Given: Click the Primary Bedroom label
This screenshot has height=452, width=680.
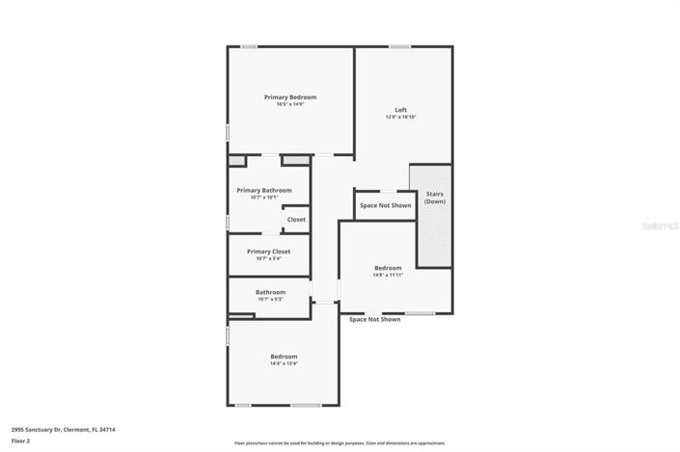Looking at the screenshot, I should (x=290, y=97).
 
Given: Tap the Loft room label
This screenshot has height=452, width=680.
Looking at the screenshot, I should (x=400, y=110).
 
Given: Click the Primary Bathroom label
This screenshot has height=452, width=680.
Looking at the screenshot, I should (x=263, y=190).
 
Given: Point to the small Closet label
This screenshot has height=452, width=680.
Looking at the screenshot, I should (x=296, y=220).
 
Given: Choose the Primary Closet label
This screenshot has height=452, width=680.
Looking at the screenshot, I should (x=268, y=252).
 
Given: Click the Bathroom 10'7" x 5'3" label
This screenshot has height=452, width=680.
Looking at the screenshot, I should (x=270, y=292).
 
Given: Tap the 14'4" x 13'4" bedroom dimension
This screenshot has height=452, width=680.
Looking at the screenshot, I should (x=284, y=364).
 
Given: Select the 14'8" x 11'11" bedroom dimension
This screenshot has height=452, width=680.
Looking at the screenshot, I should (x=388, y=275).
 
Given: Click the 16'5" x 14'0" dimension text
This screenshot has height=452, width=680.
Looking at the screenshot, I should (x=290, y=104).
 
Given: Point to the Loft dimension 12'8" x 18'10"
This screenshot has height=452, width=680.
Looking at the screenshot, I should (x=400, y=117).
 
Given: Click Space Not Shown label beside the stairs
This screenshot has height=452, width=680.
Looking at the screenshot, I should (x=385, y=205).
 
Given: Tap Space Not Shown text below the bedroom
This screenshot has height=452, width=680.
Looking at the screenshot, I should (x=374, y=319).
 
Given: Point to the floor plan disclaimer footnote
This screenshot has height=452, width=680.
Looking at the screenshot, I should (x=340, y=443).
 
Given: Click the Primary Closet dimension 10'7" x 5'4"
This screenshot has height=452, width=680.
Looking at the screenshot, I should (x=268, y=258).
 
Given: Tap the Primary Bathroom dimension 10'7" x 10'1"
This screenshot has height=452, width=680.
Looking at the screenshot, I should (x=263, y=198).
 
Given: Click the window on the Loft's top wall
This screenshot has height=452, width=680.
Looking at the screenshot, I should (x=400, y=46).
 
